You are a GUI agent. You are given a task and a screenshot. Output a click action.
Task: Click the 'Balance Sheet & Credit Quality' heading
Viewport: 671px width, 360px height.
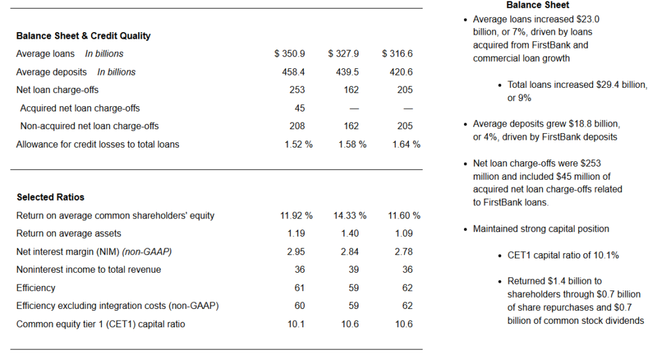click(83, 35)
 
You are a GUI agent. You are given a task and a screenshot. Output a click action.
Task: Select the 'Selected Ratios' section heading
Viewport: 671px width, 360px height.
click(50, 197)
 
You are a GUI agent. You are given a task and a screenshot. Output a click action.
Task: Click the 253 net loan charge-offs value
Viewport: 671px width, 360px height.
click(297, 90)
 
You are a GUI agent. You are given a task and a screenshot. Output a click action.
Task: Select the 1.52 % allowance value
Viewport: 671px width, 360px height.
click(298, 144)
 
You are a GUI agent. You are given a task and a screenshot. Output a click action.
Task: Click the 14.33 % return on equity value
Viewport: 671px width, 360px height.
click(350, 215)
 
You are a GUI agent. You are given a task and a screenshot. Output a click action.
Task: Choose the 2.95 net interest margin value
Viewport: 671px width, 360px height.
click(296, 252)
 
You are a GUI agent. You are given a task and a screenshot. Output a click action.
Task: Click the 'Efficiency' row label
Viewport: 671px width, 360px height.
click(36, 288)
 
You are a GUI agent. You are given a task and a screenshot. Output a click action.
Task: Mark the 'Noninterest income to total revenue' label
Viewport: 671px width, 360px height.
click(88, 270)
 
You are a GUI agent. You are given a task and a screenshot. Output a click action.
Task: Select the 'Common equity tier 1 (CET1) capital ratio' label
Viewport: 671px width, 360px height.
click(100, 324)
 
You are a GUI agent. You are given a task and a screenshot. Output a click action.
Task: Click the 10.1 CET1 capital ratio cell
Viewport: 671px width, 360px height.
click(296, 324)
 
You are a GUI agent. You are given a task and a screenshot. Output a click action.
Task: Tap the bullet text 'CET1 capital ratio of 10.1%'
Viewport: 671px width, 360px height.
click(563, 255)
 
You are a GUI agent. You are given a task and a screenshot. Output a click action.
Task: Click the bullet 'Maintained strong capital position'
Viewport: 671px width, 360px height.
click(541, 229)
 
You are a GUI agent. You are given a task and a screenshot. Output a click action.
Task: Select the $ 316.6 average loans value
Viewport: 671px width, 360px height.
click(398, 54)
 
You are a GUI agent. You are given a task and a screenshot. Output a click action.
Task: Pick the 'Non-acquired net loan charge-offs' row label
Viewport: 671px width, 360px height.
click(89, 126)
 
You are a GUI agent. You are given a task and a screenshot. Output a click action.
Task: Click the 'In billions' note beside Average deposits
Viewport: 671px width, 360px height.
click(117, 72)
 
